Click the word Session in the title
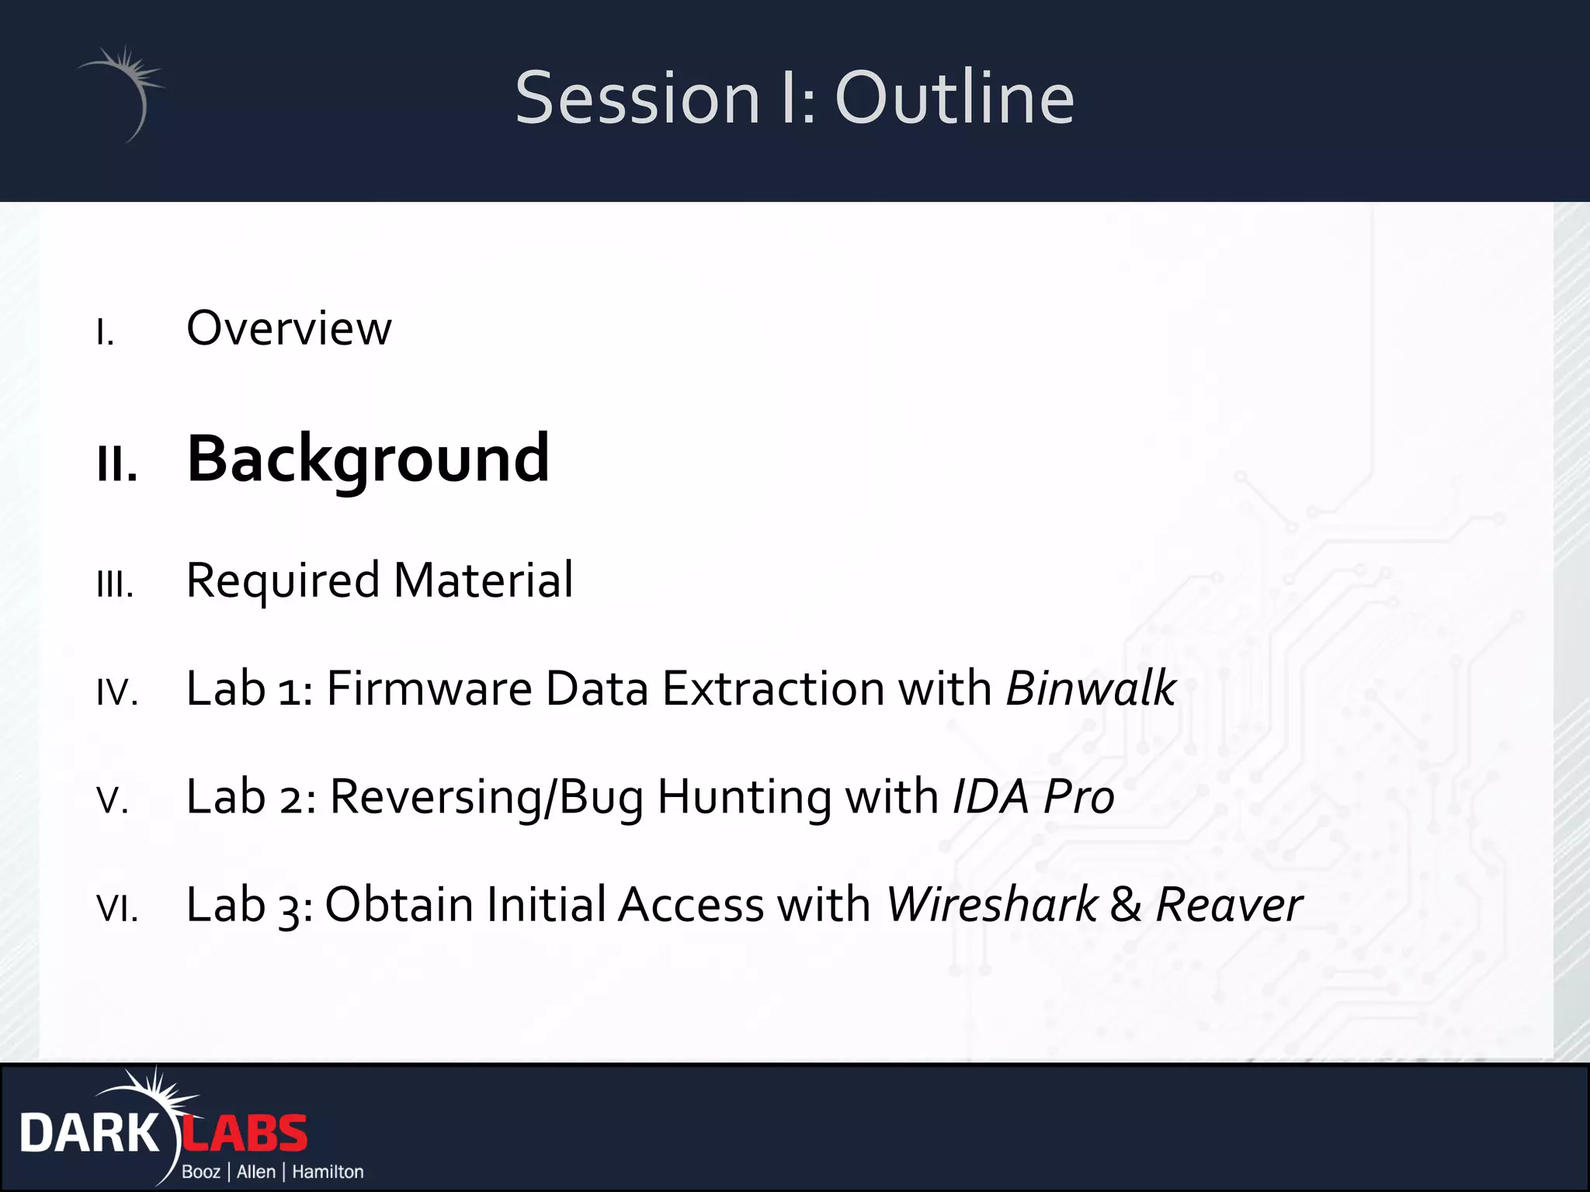(637, 98)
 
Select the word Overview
(289, 328)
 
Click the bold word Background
(368, 459)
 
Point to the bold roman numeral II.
(117, 465)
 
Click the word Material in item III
(483, 580)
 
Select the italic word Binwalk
(1091, 688)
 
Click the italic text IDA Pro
(1033, 797)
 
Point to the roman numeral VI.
(117, 908)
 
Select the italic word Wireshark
(991, 905)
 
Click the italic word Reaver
(1228, 905)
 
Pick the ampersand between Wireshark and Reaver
(1126, 906)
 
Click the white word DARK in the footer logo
(89, 1135)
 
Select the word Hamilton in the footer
(328, 1172)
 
